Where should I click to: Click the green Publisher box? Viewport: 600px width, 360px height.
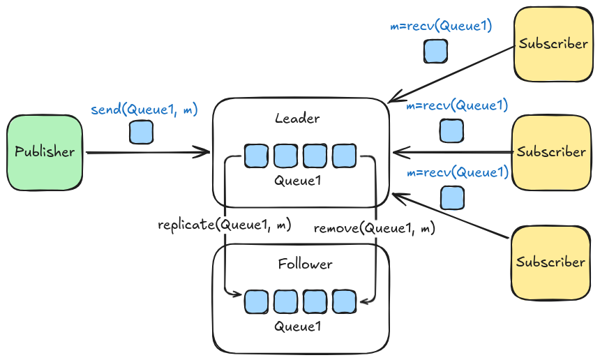click(x=45, y=152)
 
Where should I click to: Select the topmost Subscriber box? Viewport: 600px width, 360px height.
click(x=553, y=44)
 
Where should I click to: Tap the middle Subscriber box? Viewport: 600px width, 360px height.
click(x=551, y=152)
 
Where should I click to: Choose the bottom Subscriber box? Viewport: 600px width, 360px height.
click(x=551, y=262)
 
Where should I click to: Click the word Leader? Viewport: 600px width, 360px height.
click(x=297, y=119)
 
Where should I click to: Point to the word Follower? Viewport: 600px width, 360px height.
click(x=305, y=264)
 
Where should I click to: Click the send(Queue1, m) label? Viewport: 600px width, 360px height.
click(x=144, y=110)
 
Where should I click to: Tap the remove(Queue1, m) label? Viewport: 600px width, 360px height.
click(x=375, y=228)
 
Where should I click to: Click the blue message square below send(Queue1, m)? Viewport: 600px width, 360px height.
click(x=142, y=132)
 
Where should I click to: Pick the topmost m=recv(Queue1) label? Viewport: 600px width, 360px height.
click(x=441, y=27)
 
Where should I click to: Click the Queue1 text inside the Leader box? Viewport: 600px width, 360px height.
click(x=297, y=181)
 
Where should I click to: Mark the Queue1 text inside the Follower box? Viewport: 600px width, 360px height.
click(x=297, y=326)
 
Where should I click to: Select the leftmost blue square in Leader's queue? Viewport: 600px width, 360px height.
click(x=256, y=156)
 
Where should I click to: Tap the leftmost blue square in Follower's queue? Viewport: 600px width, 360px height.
click(x=256, y=301)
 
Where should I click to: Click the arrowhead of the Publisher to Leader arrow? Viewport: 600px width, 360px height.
click(x=207, y=152)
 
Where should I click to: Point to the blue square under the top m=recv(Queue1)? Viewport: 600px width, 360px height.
click(x=435, y=51)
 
